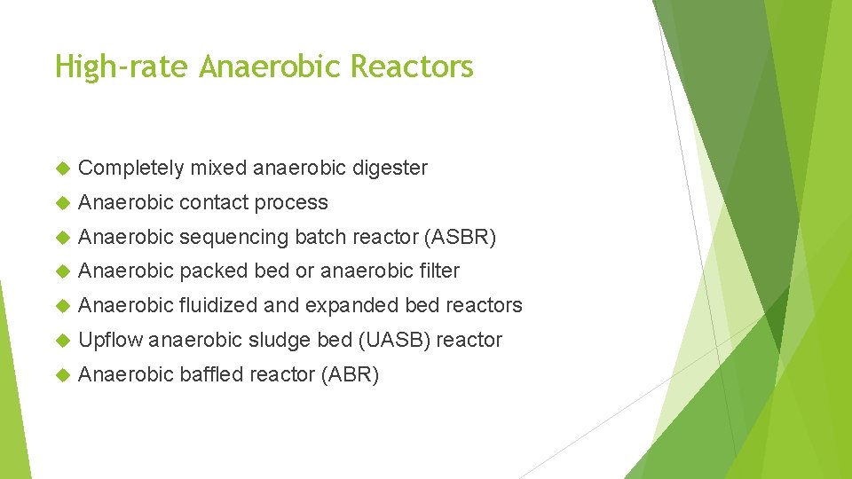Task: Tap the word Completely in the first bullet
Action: coord(131,168)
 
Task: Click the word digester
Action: coord(390,168)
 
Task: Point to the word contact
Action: coord(213,202)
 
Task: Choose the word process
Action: coord(291,203)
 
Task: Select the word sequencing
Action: coord(234,238)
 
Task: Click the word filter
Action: coord(438,271)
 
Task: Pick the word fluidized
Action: coord(218,305)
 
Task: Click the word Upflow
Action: coord(110,340)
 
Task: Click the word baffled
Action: coord(212,374)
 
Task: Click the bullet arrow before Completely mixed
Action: coord(61,169)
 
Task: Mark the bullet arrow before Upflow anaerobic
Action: coord(61,341)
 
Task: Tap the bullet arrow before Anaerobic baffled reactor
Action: coord(61,375)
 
